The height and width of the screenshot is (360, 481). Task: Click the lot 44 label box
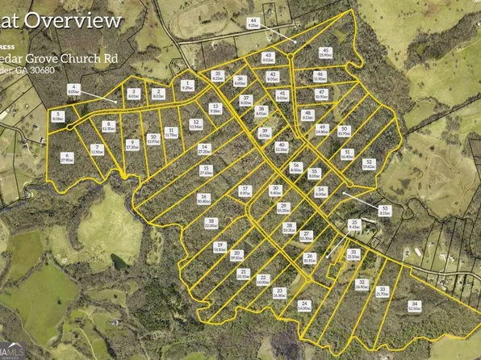pos(253,23)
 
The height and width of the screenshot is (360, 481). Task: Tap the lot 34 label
pos(414,304)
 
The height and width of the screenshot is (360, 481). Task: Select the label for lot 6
pos(67,157)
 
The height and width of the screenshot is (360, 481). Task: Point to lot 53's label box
pos(385,211)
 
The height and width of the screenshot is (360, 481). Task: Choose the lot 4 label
pos(73,91)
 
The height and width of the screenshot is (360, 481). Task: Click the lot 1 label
pos(188,84)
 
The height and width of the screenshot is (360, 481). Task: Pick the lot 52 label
pos(368,165)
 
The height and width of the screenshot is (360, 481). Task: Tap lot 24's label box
pos(303,305)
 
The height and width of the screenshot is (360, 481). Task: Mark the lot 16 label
pos(203,199)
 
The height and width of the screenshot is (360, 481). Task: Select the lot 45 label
pos(325,52)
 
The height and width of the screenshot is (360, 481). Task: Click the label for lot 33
pos(382,291)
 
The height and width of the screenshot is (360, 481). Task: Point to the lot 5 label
pos(58,116)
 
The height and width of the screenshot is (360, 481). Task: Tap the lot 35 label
pos(218,76)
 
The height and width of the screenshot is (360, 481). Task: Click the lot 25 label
pos(353,224)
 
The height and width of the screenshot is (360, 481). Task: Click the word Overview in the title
pos(90,19)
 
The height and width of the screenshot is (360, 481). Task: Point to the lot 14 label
pos(204,149)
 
